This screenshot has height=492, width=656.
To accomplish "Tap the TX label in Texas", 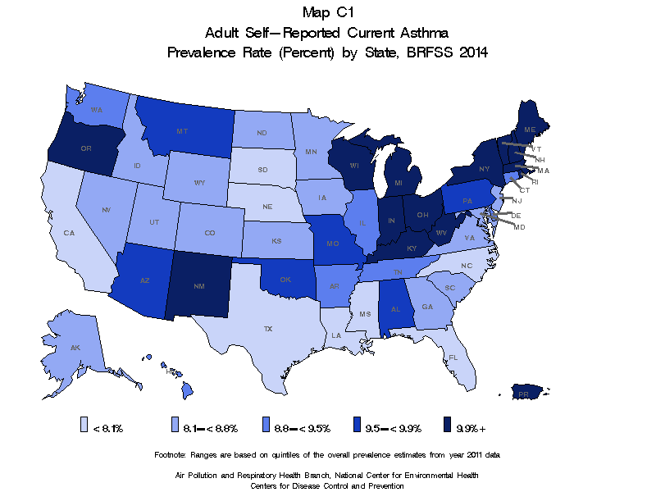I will click(x=267, y=328).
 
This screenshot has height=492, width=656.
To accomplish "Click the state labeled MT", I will click(x=182, y=131).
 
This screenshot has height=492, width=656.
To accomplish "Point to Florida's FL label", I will click(x=453, y=358).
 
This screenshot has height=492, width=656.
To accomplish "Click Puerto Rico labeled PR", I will click(x=522, y=394).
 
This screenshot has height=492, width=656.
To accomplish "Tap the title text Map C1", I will click(x=328, y=12).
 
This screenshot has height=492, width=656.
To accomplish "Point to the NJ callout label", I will click(x=517, y=200).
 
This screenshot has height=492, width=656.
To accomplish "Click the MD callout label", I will click(x=519, y=226).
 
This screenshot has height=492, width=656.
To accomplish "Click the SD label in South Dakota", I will click(x=262, y=170).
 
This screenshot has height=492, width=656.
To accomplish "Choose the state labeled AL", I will click(x=395, y=310).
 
